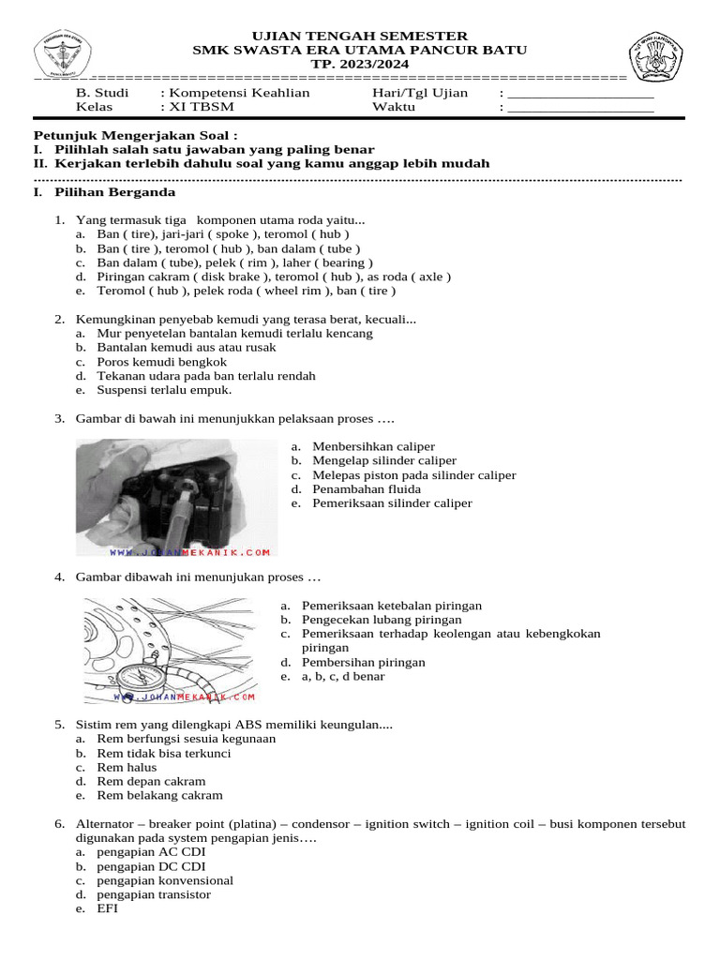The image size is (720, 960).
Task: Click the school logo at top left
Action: (x=64, y=53)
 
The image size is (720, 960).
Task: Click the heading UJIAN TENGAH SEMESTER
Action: (x=360, y=35)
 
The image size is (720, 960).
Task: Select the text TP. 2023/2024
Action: (x=360, y=64)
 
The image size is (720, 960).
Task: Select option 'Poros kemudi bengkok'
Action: (x=161, y=362)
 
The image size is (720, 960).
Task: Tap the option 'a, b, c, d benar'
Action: (x=343, y=676)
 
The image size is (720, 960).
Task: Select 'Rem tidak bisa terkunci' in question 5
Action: (x=163, y=753)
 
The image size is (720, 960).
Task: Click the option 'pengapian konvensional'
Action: (x=165, y=880)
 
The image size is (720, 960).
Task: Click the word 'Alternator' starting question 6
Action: (x=109, y=824)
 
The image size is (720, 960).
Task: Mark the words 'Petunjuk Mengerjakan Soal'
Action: (x=134, y=136)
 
